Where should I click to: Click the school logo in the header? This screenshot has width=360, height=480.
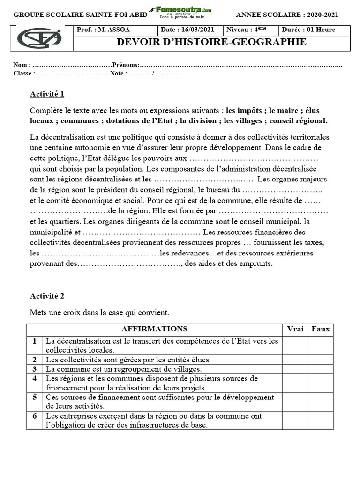pyautogui.click(x=39, y=38)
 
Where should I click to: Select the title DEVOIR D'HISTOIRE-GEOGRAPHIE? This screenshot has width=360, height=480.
pyautogui.click(x=211, y=42)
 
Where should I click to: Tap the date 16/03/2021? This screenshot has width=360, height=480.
pyautogui.click(x=191, y=30)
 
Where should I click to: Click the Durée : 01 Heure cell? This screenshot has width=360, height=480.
pyautogui.click(x=308, y=30)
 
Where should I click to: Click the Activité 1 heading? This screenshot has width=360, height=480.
pyautogui.click(x=47, y=94)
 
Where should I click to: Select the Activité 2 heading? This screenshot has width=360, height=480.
pyautogui.click(x=47, y=296)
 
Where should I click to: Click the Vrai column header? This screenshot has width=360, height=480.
pyautogui.click(x=295, y=329)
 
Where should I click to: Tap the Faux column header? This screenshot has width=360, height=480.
pyautogui.click(x=321, y=329)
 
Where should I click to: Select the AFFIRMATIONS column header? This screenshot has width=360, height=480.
pyautogui.click(x=154, y=329)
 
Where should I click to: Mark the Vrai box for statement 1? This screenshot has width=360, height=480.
pyautogui.click(x=295, y=345)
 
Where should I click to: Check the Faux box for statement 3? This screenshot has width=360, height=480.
pyautogui.click(x=321, y=369)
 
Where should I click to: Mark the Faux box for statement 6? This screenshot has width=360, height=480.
pyautogui.click(x=321, y=420)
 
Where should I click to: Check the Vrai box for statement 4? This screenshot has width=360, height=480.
pyautogui.click(x=295, y=383)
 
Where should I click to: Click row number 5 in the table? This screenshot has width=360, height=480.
pyautogui.click(x=35, y=397)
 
